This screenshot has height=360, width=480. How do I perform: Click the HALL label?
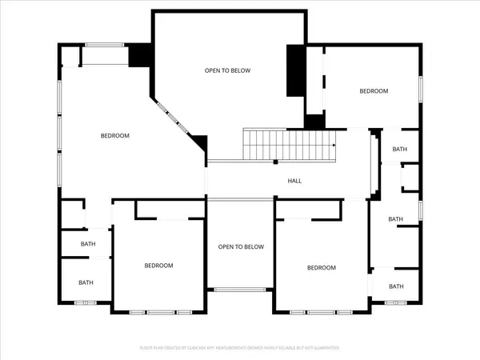coord(294,181)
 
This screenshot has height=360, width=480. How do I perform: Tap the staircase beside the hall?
coord(289,144)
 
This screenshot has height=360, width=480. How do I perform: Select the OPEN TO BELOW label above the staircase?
coord(227,70)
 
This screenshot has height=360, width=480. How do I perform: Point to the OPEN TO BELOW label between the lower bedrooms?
coord(241,247)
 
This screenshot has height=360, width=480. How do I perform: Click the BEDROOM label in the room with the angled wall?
coord(114,136)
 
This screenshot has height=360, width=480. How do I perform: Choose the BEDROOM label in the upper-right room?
coord(373,91)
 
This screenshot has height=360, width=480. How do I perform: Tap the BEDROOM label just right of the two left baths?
coord(158,266)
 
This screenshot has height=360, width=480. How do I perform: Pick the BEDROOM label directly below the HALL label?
coord(322,268)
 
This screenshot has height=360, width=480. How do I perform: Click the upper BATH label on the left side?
coord(88,244)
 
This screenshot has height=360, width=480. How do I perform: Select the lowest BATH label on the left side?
coord(86,282)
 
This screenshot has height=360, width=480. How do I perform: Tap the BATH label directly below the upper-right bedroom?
coord(399,150)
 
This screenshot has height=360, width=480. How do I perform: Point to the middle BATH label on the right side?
coord(395,219)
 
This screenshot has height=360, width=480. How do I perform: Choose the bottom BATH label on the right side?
coord(396,286)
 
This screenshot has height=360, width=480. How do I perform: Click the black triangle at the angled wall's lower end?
coord(201,143)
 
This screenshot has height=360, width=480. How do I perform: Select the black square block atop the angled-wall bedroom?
coord(140,54)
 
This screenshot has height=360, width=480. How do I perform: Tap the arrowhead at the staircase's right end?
coord(334,145)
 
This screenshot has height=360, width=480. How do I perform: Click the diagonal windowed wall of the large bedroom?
coord(176,118)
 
